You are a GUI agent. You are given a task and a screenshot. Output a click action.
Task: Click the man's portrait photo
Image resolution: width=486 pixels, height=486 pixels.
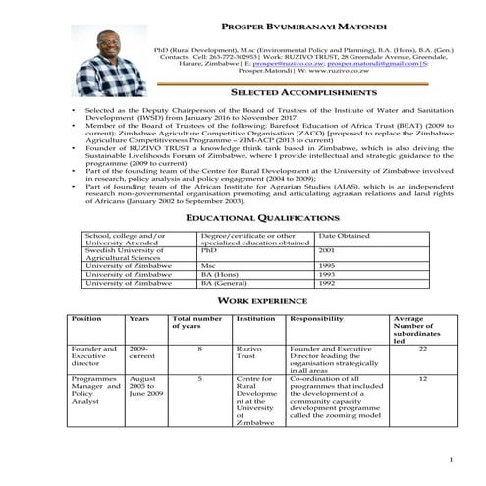pos(109,62)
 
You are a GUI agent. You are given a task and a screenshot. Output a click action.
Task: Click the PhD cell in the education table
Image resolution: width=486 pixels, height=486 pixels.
pos(209,250)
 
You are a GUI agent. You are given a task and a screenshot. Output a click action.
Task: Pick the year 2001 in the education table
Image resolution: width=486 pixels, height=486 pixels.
pos(327,250)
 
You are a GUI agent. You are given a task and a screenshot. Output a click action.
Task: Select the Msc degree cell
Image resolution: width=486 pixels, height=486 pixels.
pos(208,265)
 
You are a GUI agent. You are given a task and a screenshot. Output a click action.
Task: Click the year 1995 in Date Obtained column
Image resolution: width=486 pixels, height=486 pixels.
pos(327,265)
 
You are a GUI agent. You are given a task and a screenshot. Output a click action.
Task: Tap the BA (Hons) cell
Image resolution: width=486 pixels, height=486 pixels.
pos(221,274)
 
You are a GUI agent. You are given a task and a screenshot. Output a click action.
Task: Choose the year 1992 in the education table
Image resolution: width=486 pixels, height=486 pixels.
pos(327,283)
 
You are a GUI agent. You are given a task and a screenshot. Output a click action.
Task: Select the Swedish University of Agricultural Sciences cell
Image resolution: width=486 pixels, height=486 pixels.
pos(128,254)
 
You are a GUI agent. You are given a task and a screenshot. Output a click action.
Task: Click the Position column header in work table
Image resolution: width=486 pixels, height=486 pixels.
pos(86,319)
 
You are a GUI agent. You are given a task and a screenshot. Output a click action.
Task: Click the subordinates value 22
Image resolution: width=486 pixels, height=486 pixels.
pos(422,348)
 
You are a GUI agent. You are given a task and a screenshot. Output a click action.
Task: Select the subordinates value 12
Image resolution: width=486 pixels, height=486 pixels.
pos(422,377)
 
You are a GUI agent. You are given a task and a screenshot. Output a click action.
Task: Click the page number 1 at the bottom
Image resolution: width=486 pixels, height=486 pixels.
pos(450,459)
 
